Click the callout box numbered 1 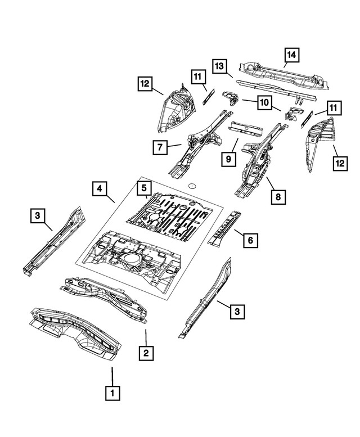(x=112, y=392)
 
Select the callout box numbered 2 (x=146, y=353)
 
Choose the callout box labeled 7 (x=160, y=147)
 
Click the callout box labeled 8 (x=277, y=197)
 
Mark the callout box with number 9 (x=228, y=160)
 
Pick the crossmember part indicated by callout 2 (x=107, y=295)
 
